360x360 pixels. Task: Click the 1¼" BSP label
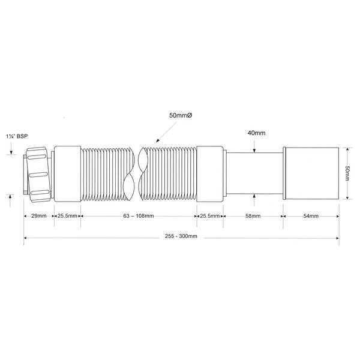tap(17, 136)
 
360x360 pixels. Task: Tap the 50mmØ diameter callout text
tap(181, 115)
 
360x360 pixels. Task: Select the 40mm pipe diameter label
tap(256, 133)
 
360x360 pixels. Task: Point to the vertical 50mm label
tap(347, 173)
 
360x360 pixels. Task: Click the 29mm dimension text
tap(39, 216)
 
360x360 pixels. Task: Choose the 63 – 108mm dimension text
tap(139, 216)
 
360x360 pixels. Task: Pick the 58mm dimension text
tap(253, 216)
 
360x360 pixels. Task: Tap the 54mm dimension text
tap(311, 216)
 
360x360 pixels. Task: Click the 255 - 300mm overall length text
tap(181, 236)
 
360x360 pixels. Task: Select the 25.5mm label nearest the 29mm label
tap(67, 216)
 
